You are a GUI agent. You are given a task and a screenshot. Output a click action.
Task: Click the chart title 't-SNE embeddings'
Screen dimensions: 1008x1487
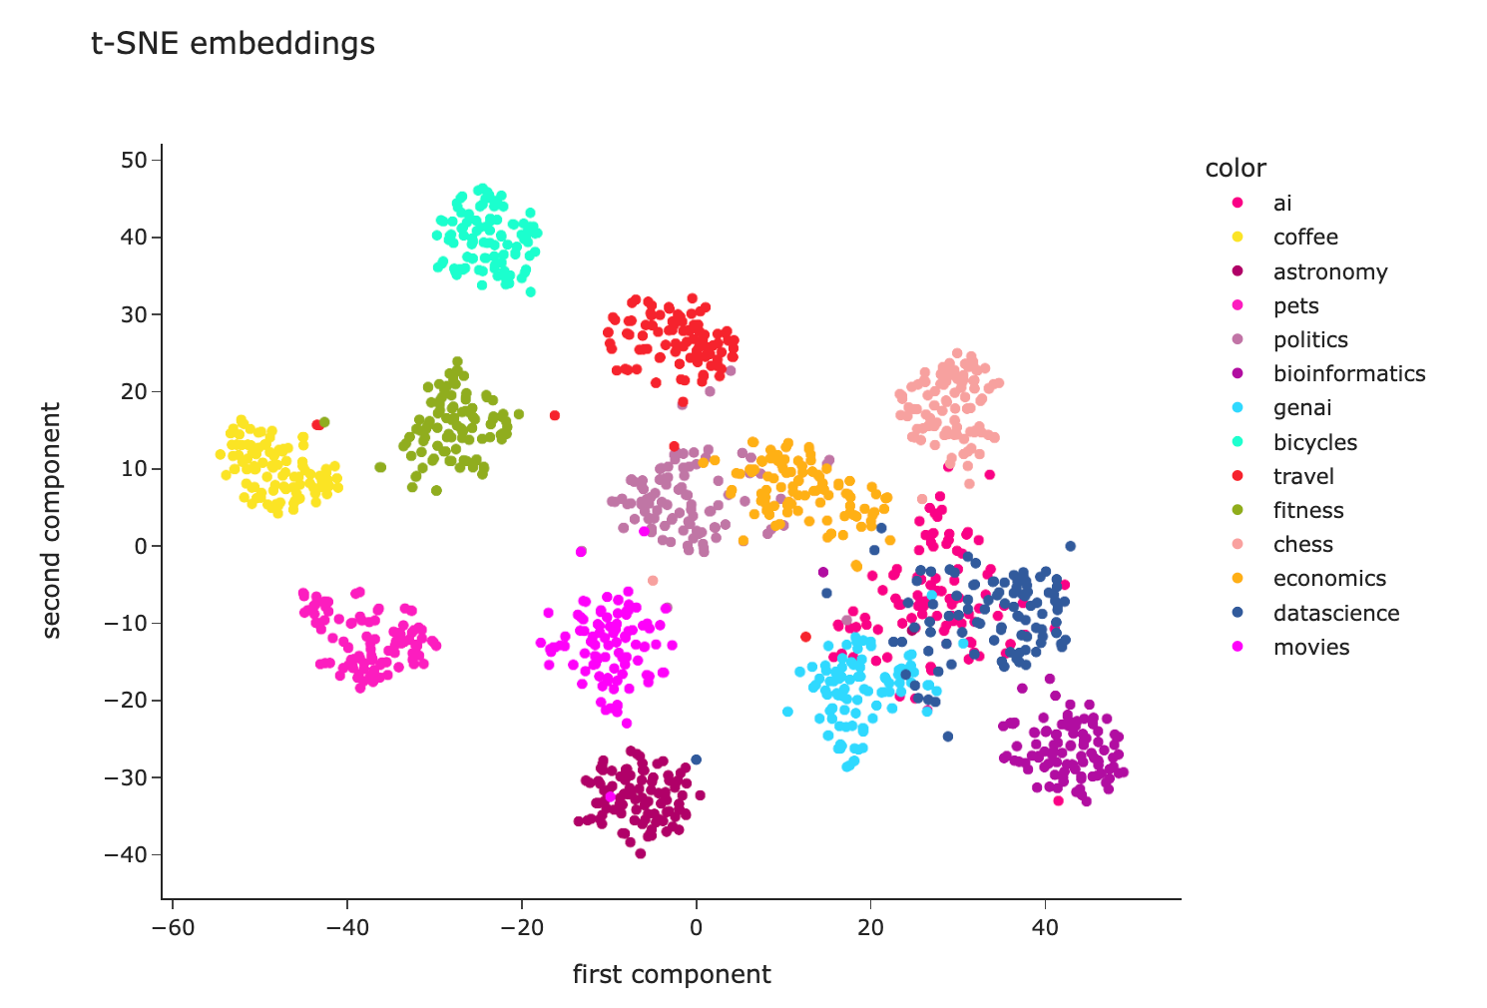(233, 44)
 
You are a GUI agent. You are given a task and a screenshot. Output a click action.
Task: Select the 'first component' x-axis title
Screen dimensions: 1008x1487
(671, 974)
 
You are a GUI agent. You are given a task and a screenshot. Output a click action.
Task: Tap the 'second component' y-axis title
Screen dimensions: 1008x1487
(52, 520)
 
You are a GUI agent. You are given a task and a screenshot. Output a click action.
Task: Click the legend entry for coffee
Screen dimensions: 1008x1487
(1304, 238)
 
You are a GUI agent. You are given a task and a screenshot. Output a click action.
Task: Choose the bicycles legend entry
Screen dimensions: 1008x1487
(1314, 442)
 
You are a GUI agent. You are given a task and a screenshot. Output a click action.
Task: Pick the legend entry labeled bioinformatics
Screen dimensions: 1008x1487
(1348, 373)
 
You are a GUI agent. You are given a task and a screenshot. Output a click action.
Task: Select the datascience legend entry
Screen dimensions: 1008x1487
(1335, 613)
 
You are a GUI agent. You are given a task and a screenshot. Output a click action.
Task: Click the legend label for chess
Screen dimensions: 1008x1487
(1302, 544)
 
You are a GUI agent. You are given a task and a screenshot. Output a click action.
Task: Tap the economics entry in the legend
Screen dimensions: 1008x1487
(1328, 579)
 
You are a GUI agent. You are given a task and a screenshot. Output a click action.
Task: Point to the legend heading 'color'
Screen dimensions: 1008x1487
(1235, 168)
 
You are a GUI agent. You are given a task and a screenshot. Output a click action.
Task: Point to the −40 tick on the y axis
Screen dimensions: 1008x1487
(128, 854)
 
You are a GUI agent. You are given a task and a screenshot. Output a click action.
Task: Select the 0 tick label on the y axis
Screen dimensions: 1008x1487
(141, 546)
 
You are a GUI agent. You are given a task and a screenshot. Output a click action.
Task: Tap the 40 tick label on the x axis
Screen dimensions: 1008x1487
(1045, 927)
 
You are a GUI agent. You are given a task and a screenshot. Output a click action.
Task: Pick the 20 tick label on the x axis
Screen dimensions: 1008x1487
(870, 927)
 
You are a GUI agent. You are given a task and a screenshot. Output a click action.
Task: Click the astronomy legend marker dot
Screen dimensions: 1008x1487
(1239, 271)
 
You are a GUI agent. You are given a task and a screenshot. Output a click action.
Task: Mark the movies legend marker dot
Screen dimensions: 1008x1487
(1239, 647)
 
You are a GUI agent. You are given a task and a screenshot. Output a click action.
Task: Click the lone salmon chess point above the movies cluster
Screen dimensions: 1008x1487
(653, 580)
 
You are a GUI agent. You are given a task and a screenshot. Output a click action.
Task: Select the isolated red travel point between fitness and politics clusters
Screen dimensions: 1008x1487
(555, 415)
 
